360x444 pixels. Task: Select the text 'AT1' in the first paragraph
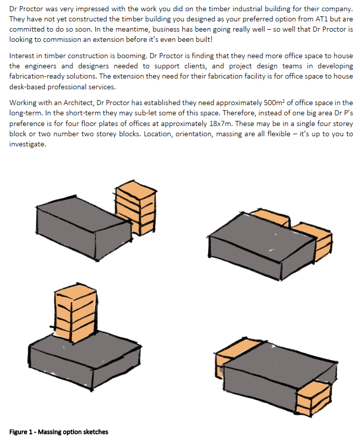(322, 20)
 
